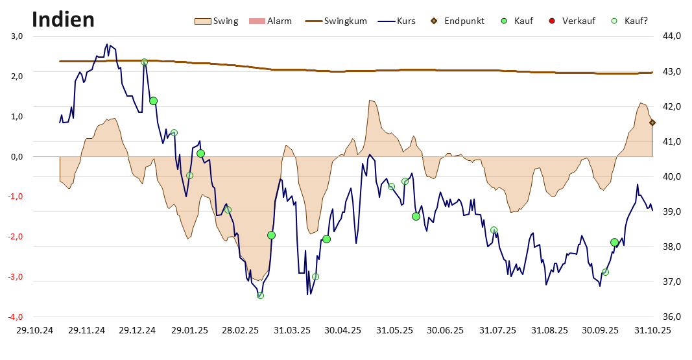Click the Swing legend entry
tap(217, 21)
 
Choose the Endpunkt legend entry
tap(457, 21)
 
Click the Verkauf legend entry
tap(571, 21)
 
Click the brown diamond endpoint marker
tap(652, 123)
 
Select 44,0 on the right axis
tap(671, 36)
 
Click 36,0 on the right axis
tap(671, 317)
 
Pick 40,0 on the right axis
tap(671, 176)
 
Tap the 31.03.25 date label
tap(292, 330)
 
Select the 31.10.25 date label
tap(653, 330)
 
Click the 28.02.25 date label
tap(241, 330)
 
